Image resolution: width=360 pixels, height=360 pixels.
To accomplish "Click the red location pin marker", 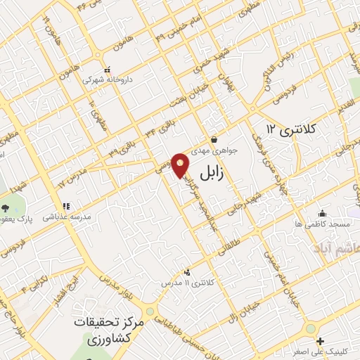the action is coord(181,165).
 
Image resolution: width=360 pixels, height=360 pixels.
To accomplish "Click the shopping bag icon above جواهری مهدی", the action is coord(214,139).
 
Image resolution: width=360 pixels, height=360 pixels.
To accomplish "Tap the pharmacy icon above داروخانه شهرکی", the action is coord(107,70).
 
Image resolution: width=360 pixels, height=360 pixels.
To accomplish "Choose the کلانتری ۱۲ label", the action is coord(292,129).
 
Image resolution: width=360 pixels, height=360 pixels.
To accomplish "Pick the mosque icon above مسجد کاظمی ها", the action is coord(323,213).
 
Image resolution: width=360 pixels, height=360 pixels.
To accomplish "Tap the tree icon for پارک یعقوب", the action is coord(6,207).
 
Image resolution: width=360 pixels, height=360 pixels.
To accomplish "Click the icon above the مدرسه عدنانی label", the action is coord(66,206).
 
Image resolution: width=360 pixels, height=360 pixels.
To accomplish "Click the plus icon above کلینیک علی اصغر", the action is coord(340,341).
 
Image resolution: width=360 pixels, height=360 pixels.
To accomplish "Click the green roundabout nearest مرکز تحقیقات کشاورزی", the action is coord(149,311).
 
